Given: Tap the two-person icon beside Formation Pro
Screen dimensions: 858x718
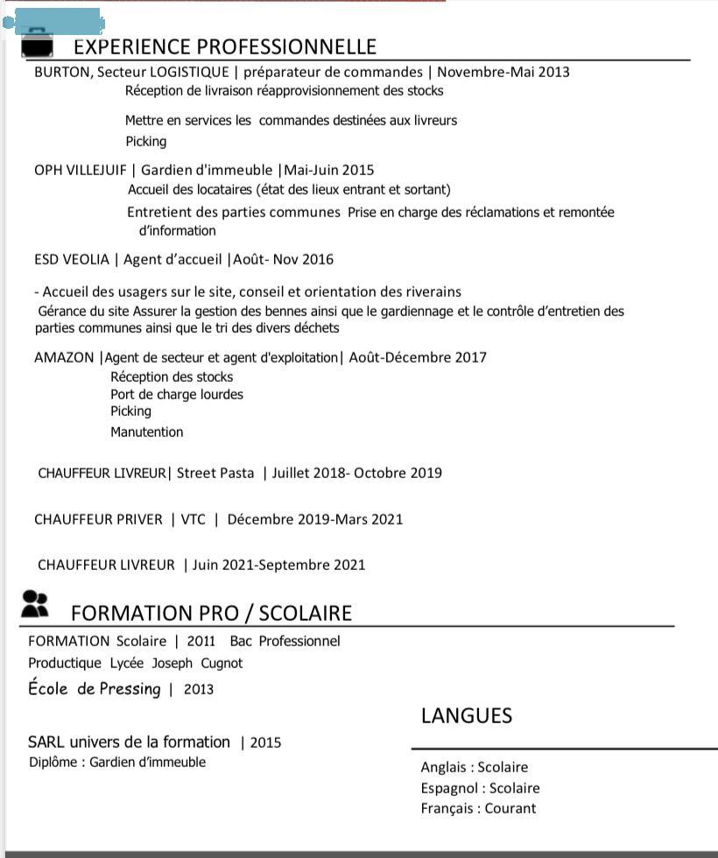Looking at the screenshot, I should pyautogui.click(x=34, y=603).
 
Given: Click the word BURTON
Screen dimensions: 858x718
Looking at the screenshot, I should pyautogui.click(x=61, y=72).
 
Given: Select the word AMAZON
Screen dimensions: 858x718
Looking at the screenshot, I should pyautogui.click(x=64, y=357).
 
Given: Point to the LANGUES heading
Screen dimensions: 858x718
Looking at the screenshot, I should pyautogui.click(x=466, y=715).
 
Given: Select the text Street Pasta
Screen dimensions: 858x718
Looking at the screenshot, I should pyautogui.click(x=215, y=473).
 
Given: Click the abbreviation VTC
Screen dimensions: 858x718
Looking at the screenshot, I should pyautogui.click(x=194, y=519).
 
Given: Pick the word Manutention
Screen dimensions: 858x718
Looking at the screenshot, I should pyautogui.click(x=146, y=432).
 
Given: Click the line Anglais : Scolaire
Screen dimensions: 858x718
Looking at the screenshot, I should pyautogui.click(x=474, y=767).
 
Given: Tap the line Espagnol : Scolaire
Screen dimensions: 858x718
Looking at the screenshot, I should pyautogui.click(x=480, y=788).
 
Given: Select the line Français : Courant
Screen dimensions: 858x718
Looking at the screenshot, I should pyautogui.click(x=478, y=808).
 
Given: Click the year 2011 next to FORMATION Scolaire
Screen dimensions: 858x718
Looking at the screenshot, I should pyautogui.click(x=201, y=641).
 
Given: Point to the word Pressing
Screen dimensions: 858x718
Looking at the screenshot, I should pyautogui.click(x=130, y=689).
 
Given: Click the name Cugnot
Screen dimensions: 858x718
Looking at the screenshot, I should pyautogui.click(x=222, y=663).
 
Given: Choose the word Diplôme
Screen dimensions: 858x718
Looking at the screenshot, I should pyautogui.click(x=53, y=762).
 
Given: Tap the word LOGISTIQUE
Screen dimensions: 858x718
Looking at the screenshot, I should pyautogui.click(x=189, y=72).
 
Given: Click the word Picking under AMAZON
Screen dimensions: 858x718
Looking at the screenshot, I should pyautogui.click(x=130, y=411).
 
